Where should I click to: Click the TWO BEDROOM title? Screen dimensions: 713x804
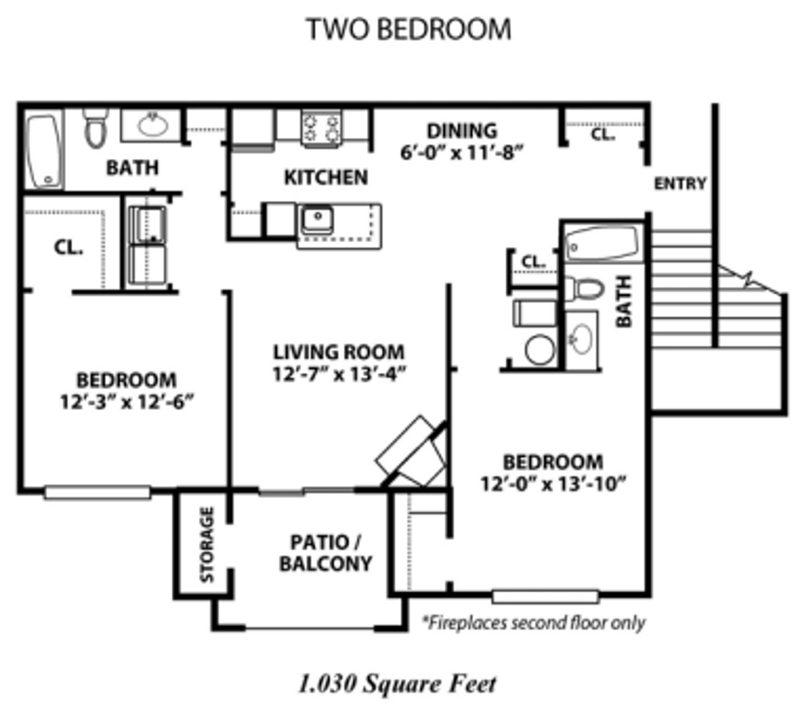pos(409,29)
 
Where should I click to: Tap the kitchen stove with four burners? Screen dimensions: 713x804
pos(321,128)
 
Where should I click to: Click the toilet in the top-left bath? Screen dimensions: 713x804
pos(95,128)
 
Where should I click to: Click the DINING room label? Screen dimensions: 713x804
pos(462,131)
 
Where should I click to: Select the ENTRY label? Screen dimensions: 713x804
pos(680,184)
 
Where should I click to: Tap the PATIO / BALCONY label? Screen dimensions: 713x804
pos(326,553)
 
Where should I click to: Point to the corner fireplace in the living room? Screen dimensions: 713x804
pos(412,454)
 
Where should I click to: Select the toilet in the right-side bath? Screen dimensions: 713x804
pos(585,288)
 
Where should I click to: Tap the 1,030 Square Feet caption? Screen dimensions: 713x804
pos(397,684)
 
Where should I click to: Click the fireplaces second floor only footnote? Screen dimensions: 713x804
pos(534,623)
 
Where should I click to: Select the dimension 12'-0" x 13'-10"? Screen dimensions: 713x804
pos(553,485)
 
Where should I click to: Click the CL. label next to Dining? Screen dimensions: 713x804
pos(603,135)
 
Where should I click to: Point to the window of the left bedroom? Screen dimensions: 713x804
pos(97,492)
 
